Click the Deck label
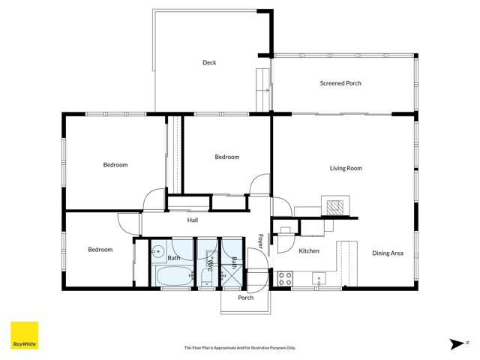pos(209,62)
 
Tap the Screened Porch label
pos(340,83)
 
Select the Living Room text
pos(346,168)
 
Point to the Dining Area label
pos(388,253)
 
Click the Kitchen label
pos(309,250)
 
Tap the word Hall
pos(193,220)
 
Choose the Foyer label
pos(260,241)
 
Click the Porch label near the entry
pos(245,298)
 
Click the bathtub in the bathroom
pos(174,276)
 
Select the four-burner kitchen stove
pos(285,278)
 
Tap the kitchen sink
pos(319,278)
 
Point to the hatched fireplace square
pos(335,208)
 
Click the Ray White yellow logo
pos(25,335)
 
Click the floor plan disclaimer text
pos(240,348)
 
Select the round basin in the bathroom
pos(158,251)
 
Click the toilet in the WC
pos(207,277)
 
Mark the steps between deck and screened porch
pos(262,90)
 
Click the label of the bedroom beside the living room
pos(226,157)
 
